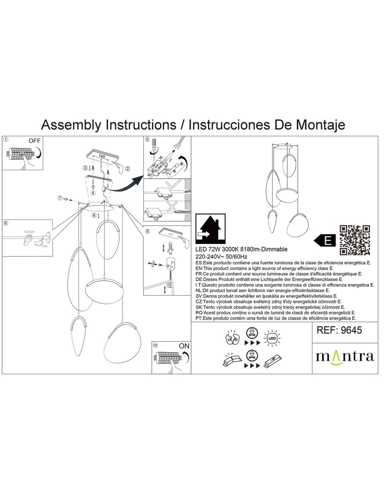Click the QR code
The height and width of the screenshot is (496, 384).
click(x=355, y=240)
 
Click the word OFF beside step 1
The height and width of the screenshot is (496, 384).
click(x=35, y=141)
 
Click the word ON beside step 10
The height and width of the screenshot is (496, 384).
click(x=184, y=346)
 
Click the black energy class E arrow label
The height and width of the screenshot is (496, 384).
click(x=325, y=240)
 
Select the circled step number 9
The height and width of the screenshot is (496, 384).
click(x=5, y=223)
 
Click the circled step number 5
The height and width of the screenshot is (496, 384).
click(x=147, y=140)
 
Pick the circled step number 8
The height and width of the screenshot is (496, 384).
click(x=147, y=231)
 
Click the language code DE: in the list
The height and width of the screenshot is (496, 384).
click(x=199, y=279)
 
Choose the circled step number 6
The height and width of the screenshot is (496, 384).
click(x=94, y=215)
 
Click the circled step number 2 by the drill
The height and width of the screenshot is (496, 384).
click(x=128, y=169)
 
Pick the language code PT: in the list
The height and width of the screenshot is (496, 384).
click(x=199, y=318)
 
